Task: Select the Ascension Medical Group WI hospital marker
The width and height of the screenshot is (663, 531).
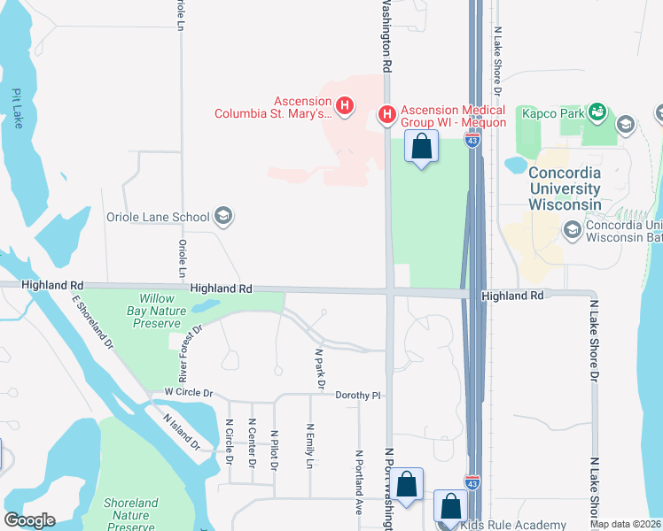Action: [386, 114]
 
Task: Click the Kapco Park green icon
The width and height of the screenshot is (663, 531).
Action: [597, 114]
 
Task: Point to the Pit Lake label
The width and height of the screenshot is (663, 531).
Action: [17, 108]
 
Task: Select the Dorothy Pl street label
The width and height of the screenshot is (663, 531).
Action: [358, 396]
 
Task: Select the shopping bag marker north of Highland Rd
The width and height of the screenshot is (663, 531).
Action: [421, 146]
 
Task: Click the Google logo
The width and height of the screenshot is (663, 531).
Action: [29, 520]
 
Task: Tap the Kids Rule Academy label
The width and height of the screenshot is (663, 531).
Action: [513, 524]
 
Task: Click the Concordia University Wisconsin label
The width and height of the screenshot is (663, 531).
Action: [565, 188]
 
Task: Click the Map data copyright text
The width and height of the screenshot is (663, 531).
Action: [625, 524]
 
